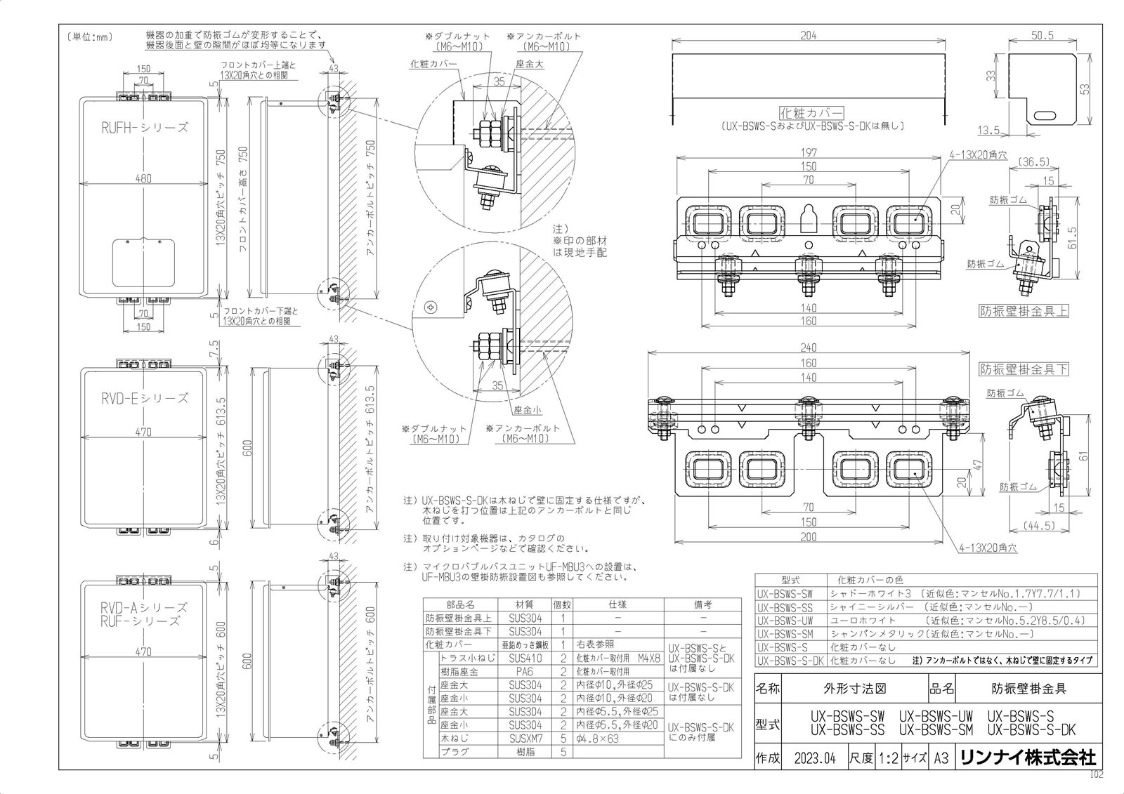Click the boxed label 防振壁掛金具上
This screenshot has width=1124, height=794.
click(1024, 311)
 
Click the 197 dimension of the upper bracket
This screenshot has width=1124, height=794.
click(809, 153)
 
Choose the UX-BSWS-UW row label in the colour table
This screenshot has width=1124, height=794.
click(785, 621)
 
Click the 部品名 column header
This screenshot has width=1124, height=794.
click(460, 604)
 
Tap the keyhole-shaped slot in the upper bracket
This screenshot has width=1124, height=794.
click(809, 216)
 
